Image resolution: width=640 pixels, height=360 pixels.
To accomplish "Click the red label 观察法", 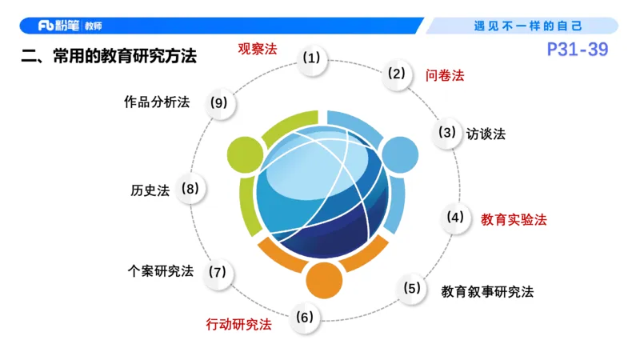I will (x=257, y=49).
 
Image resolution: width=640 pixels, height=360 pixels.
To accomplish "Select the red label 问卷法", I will (x=445, y=76).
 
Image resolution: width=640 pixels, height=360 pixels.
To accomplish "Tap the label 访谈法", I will (x=486, y=134).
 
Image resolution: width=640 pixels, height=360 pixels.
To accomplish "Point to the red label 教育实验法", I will (x=514, y=218).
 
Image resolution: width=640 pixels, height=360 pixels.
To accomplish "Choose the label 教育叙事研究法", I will (x=487, y=291).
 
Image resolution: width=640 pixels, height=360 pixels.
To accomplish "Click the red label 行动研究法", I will (x=238, y=324).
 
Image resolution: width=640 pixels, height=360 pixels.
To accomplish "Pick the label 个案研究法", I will (x=161, y=270).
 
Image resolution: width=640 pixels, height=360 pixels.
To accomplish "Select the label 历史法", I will (x=150, y=190).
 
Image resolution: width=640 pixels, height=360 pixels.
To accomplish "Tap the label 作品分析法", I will (x=157, y=102).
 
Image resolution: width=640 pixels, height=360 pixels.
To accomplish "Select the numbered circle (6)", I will (x=305, y=318).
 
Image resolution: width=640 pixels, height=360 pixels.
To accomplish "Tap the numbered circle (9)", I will (x=218, y=102).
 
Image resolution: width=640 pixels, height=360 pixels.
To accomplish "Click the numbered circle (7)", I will (x=218, y=272).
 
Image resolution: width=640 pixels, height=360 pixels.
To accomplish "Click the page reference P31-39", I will (x=578, y=50).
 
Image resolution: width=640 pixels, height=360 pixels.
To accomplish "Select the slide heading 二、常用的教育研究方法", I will (x=109, y=57).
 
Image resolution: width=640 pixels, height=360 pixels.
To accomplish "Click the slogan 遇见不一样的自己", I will (x=529, y=26).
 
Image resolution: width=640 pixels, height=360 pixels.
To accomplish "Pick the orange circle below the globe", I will (x=325, y=279).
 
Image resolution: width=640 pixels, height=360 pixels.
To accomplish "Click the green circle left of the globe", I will (x=245, y=154).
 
